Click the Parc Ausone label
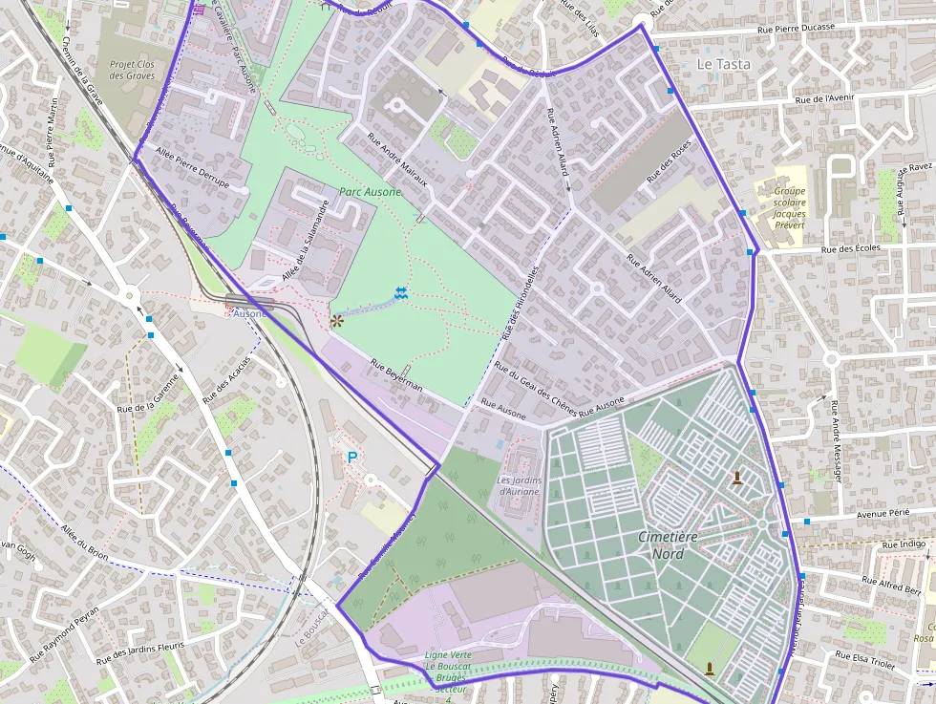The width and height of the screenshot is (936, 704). [370, 192]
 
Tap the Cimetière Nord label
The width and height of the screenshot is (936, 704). [668, 545]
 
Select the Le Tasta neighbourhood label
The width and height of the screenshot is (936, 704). [723, 64]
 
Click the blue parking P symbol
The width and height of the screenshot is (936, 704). [351, 459]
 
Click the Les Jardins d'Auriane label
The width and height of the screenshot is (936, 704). [519, 486]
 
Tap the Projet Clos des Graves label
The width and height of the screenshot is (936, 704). [132, 70]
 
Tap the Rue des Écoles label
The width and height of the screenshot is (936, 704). [848, 248]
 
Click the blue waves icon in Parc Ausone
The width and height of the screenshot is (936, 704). [400, 295]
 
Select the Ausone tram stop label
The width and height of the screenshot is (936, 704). [250, 313]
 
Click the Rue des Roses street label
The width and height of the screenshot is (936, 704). [669, 162]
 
